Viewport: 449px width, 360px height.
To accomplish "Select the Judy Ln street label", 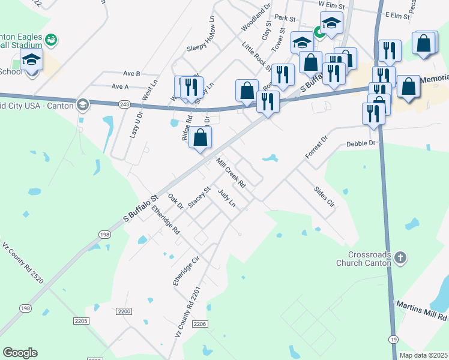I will point(226,198).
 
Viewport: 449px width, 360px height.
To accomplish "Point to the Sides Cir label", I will point(324,196).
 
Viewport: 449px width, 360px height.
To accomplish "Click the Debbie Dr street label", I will point(360,143).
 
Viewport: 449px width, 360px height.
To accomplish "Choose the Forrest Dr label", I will point(316,147).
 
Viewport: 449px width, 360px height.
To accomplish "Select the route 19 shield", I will point(393,339).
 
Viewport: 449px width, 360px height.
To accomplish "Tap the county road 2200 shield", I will point(124,311).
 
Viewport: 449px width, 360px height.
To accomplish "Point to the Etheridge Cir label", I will point(186,272).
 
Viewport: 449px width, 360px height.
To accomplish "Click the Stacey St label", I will point(199,197).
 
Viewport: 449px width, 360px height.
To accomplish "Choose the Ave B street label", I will point(131,73).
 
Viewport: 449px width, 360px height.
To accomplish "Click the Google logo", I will point(20,353).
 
